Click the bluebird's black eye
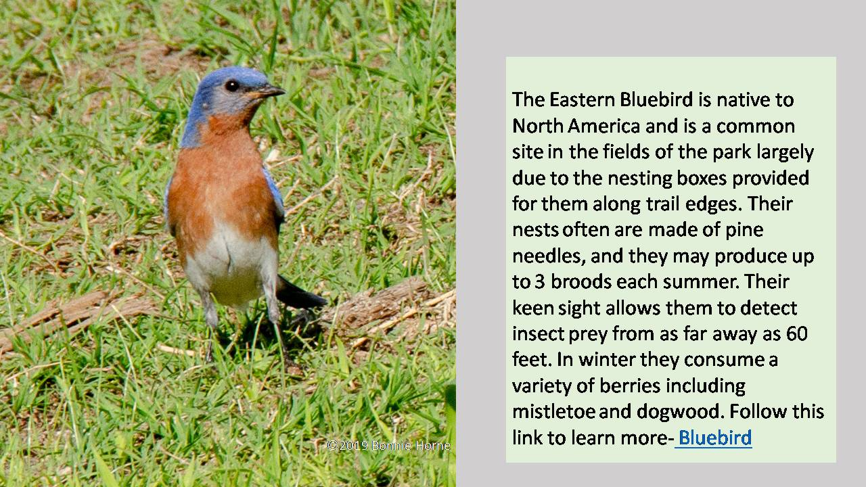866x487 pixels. pyautogui.click(x=232, y=85)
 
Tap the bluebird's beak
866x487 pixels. pyautogui.click(x=271, y=91)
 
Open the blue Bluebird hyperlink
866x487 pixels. pyautogui.click(x=714, y=438)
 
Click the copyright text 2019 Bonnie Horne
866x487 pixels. pyautogui.click(x=388, y=446)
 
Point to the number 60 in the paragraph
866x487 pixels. pyautogui.click(x=797, y=333)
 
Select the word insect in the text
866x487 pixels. pyautogui.click(x=533, y=333)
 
